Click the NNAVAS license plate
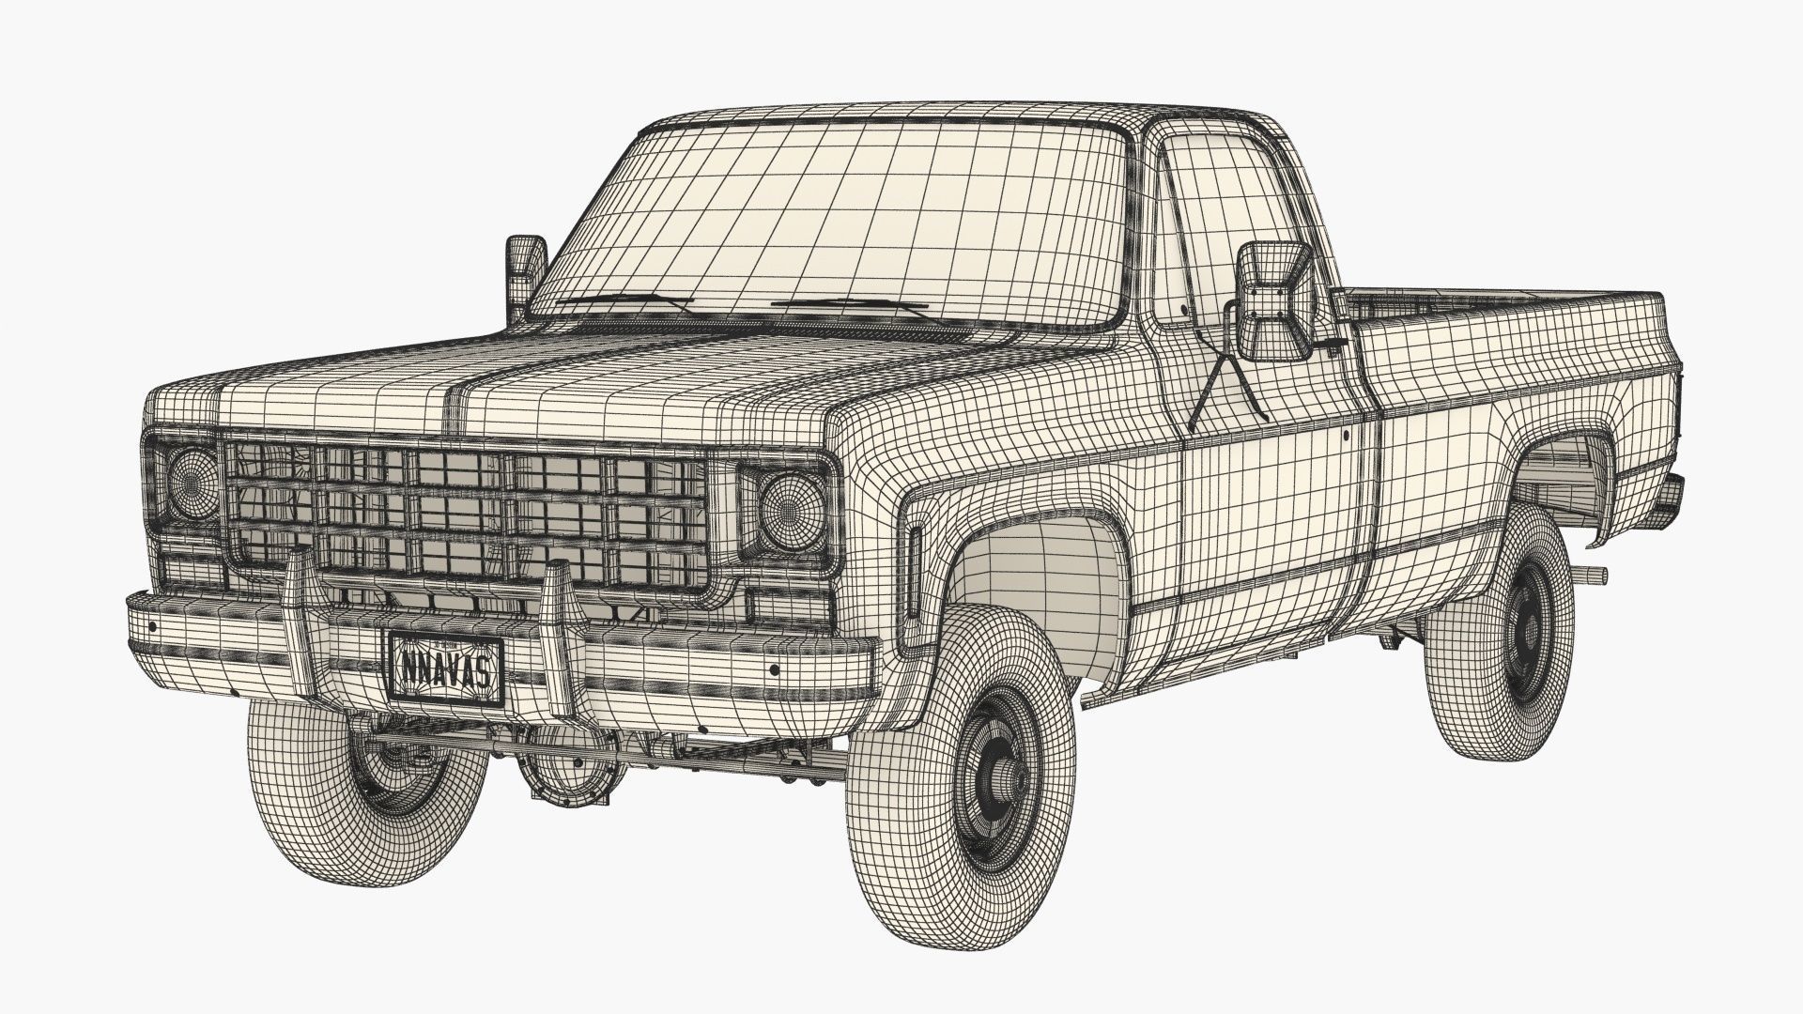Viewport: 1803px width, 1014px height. point(446,668)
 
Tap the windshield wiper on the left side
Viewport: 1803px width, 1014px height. point(624,301)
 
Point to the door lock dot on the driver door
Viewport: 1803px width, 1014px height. point(1346,435)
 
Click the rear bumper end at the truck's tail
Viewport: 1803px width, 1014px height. point(1672,493)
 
